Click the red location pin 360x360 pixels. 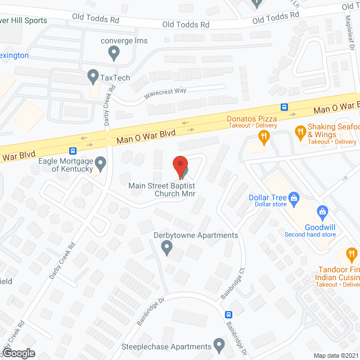[180, 166]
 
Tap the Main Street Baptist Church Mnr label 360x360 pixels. [165, 190]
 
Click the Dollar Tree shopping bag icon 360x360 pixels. [293, 197]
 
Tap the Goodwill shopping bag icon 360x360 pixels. [322, 211]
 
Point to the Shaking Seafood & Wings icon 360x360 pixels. [300, 133]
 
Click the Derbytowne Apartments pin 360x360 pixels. [166, 247]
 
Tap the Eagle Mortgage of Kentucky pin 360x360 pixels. [101, 164]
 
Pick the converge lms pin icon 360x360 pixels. [114, 53]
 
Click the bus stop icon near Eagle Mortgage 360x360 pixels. [73, 151]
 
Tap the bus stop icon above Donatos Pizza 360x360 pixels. [285, 107]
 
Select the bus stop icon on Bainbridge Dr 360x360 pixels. [229, 314]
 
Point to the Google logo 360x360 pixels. [18, 353]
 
